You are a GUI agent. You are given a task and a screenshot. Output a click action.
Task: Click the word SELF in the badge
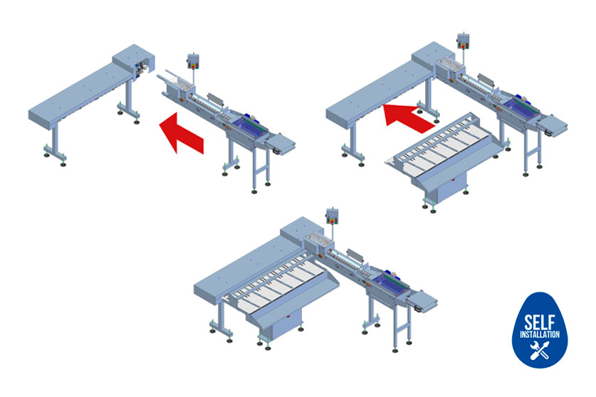tap(539, 322)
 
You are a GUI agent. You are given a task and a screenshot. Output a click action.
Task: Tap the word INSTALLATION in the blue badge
tap(540, 334)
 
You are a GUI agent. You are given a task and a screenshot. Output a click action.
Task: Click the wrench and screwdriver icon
tap(540, 350)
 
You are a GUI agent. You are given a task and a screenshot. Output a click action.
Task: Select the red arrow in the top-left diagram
tap(182, 132)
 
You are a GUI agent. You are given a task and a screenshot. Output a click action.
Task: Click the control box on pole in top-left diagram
tap(193, 61)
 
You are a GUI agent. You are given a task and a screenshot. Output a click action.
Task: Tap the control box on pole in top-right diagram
tap(463, 41)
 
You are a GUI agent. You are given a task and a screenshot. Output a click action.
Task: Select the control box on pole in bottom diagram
tap(333, 216)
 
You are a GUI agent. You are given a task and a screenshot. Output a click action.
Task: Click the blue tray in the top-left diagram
tap(249, 126)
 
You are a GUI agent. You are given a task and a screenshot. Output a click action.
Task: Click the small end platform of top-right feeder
tap(553, 125)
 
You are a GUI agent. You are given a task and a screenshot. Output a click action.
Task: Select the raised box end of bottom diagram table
tap(302, 230)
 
